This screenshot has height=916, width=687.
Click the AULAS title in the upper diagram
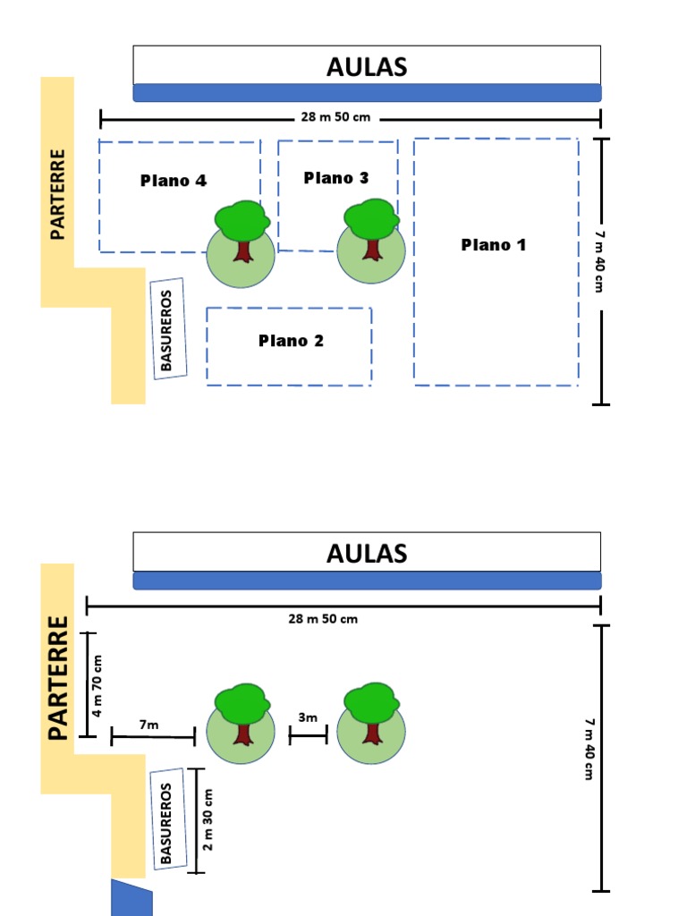point(367,66)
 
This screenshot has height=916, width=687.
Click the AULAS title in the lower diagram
point(367,553)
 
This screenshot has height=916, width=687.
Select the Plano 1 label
point(494,245)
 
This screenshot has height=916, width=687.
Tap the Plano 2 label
point(291,341)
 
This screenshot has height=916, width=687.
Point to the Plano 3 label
point(336,178)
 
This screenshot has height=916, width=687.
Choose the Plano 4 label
point(174,181)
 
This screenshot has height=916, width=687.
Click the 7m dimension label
point(148,725)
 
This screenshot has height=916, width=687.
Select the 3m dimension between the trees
point(308,717)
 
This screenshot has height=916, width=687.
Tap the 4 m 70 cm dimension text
point(98,685)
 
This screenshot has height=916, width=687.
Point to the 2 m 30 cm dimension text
point(208,819)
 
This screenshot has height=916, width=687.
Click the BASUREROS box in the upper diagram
point(168,328)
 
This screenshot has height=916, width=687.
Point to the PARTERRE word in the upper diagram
point(58,194)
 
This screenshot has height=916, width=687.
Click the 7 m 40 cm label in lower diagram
point(588,748)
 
